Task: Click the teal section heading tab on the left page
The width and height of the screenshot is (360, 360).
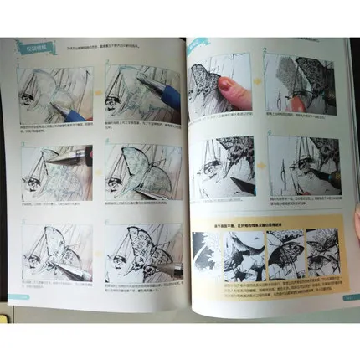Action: (34, 47)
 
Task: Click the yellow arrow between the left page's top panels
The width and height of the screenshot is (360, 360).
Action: (99, 90)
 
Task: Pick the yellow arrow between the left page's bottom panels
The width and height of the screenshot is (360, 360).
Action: (99, 247)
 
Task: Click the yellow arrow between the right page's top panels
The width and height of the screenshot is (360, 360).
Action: (259, 84)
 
